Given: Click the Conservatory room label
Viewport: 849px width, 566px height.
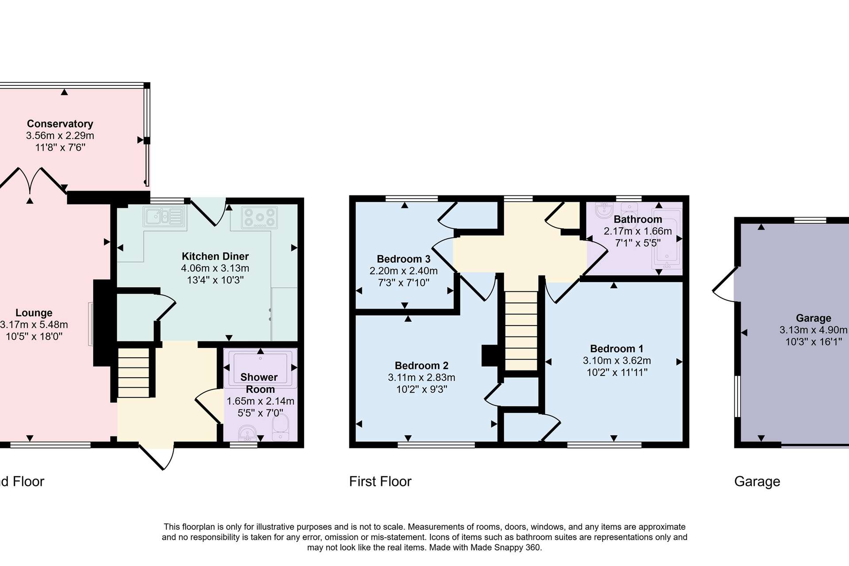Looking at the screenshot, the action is tap(60, 124).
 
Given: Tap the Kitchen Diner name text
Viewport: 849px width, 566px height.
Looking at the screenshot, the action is tap(215, 256).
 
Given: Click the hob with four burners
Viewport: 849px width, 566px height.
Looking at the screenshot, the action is tap(260, 218).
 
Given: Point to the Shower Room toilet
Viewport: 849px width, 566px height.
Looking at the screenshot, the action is tap(280, 427).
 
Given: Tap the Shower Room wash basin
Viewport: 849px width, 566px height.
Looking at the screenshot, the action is tap(248, 433).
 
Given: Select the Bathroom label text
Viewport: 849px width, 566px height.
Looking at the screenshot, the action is tap(638, 219).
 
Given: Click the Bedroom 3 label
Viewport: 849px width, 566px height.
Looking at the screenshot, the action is tap(403, 259).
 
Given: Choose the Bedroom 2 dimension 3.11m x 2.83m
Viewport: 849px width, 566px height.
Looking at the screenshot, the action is tap(421, 378).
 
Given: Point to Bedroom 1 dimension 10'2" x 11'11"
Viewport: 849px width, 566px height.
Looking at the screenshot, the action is tap(617, 372).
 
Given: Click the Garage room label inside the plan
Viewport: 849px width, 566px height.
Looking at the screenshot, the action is tap(813, 318).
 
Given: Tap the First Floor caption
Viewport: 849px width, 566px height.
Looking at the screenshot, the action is tap(380, 482).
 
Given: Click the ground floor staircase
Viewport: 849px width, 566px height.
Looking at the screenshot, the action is tap(134, 372).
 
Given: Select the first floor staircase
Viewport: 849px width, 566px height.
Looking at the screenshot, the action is tap(521, 330).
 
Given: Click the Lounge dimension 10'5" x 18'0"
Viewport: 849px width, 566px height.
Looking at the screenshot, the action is tap(34, 337).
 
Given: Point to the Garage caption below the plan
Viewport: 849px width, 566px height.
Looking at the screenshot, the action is tap(757, 482).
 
